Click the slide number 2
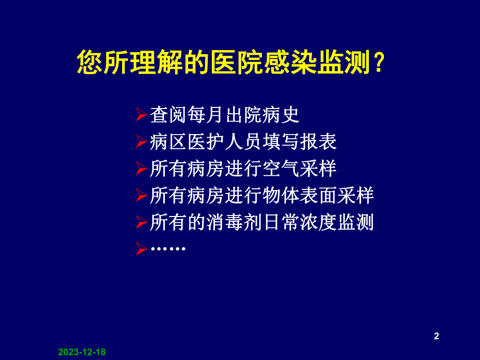click(x=437, y=337)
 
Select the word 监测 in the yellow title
click(x=345, y=64)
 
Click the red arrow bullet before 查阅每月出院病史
click(x=141, y=115)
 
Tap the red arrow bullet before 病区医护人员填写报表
click(x=141, y=142)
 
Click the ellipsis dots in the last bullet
click(x=167, y=249)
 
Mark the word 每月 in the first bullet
click(x=206, y=114)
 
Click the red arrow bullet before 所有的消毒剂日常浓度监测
click(x=141, y=223)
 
